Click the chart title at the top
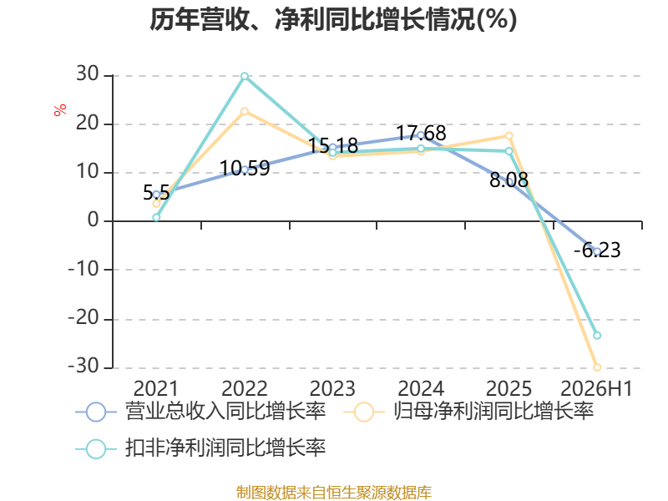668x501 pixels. click(x=333, y=19)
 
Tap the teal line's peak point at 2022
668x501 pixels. click(x=245, y=76)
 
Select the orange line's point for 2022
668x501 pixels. click(x=245, y=111)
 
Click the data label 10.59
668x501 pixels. click(x=245, y=169)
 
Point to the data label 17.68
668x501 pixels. click(x=422, y=134)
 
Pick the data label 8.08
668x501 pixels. click(x=509, y=180)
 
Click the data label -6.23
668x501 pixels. click(x=597, y=250)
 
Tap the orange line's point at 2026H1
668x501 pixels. click(x=597, y=367)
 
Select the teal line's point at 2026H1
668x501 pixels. click(x=597, y=336)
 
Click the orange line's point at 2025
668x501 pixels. click(x=509, y=136)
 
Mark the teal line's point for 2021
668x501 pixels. click(x=156, y=217)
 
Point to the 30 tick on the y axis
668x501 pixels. click(x=88, y=74)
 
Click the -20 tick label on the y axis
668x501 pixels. click(x=84, y=318)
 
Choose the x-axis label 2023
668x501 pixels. click(x=332, y=389)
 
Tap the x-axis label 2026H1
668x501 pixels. click(x=596, y=389)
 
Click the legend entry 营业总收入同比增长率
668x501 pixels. click(x=200, y=412)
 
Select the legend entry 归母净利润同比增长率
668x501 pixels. click(x=468, y=412)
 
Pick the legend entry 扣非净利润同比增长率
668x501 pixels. click(x=200, y=448)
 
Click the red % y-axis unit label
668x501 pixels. click(x=60, y=109)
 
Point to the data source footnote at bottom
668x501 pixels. click(x=334, y=492)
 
